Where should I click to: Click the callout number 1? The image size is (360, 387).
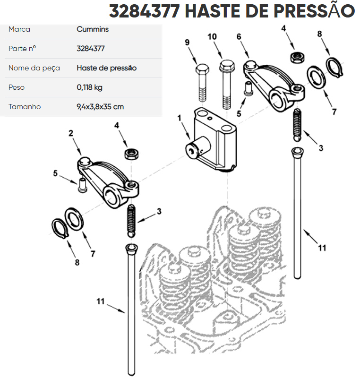point(180,118)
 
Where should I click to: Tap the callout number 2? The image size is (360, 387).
point(71,133)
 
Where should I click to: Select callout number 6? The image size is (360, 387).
point(239,37)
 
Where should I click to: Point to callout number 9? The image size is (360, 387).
point(187,43)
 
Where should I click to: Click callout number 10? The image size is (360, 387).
point(212,37)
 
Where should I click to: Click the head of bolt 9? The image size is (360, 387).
point(202,69)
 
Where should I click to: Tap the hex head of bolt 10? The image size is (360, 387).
point(227,65)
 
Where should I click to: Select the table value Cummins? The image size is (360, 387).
point(93,29)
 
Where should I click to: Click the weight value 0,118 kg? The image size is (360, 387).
point(89,87)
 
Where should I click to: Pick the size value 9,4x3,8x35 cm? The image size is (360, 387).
point(100,107)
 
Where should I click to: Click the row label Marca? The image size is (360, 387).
point(19,29)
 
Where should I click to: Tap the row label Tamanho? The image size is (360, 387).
point(25,107)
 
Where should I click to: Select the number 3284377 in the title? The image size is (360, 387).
point(145,11)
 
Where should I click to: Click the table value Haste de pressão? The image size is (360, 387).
point(107,68)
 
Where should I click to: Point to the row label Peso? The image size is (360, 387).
point(17,87)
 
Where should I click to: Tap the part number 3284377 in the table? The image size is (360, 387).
point(91,48)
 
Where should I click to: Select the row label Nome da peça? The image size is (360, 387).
point(34,68)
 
